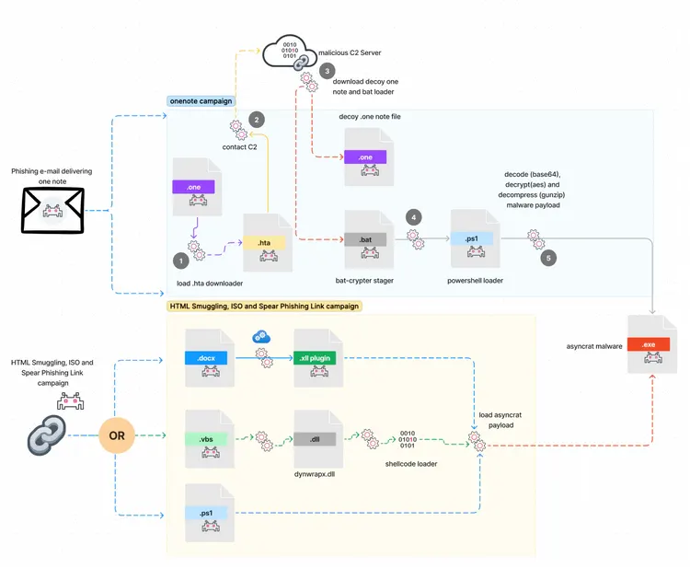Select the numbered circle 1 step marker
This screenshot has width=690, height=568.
tap(181, 262)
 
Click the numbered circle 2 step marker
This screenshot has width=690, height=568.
tap(257, 119)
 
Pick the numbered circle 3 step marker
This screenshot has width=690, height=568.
tap(328, 71)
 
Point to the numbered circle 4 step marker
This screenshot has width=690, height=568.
tap(413, 217)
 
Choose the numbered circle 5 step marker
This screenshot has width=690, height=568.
tap(549, 258)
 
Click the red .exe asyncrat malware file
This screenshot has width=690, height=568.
tap(653, 343)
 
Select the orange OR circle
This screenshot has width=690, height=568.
tap(117, 433)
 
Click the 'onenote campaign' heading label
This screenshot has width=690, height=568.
tap(201, 100)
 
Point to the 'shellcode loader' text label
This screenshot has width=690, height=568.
tap(410, 464)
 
